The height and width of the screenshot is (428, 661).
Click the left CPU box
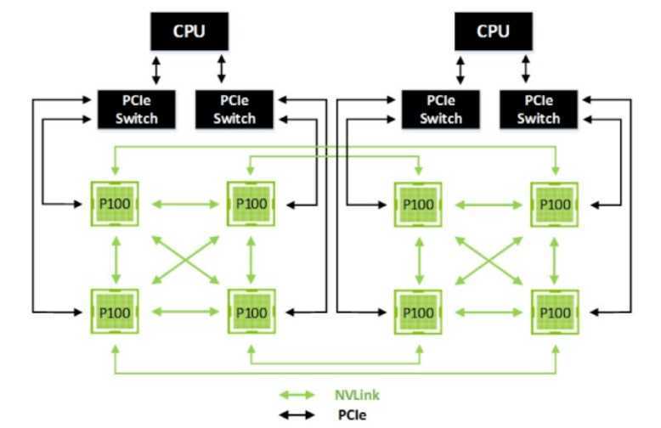pyautogui.click(x=189, y=31)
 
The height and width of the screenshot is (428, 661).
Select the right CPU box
pyautogui.click(x=493, y=31)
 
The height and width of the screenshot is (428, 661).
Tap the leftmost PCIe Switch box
pyautogui.click(x=137, y=109)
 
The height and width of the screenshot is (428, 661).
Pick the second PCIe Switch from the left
pyautogui.click(x=234, y=109)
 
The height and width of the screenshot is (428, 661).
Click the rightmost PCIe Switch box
pyautogui.click(x=538, y=109)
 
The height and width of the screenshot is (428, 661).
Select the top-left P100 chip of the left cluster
pyautogui.click(x=115, y=204)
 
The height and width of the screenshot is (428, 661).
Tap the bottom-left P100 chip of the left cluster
pyautogui.click(x=115, y=312)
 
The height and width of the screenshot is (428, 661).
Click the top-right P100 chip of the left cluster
pyautogui.click(x=250, y=204)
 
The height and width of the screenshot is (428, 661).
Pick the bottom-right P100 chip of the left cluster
pyautogui.click(x=250, y=312)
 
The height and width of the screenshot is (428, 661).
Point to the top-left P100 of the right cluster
pyautogui.click(x=418, y=204)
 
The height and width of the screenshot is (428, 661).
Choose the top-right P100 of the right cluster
pyautogui.click(x=556, y=204)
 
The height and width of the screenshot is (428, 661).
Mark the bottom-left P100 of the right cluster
pyautogui.click(x=418, y=312)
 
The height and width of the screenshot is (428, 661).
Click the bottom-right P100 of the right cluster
pyautogui.click(x=556, y=312)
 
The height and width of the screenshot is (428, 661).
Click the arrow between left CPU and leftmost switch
pyautogui.click(x=155, y=68)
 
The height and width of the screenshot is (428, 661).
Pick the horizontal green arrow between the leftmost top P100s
pyautogui.click(x=182, y=204)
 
